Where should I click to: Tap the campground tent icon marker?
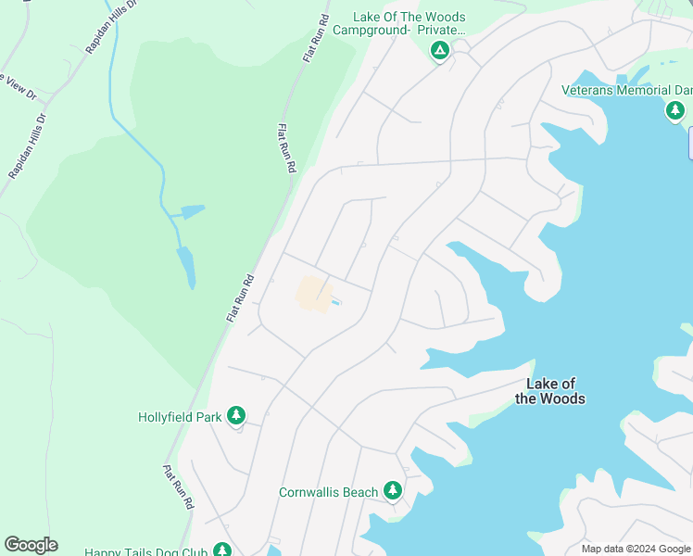point(440,50)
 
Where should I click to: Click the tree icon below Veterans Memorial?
point(675,111)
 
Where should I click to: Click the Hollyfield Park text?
point(180,417)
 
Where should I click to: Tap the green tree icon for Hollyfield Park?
point(237,415)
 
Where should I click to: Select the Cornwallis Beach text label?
point(328,492)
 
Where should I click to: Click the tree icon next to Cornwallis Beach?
point(393,489)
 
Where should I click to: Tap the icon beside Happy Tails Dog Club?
point(221,550)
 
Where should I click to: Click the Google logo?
point(31,545)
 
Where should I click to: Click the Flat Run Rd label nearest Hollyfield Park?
point(179,487)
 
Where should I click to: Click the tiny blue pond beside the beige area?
point(334,302)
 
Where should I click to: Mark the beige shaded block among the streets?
point(313,294)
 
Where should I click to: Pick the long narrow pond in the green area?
point(186,267)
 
